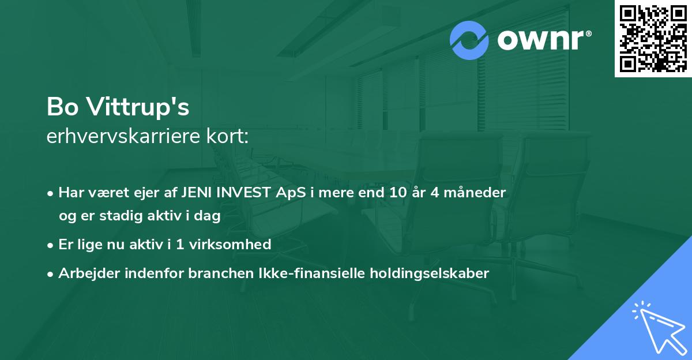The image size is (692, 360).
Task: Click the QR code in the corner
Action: [653, 39]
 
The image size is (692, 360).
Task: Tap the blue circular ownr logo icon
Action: [469, 40]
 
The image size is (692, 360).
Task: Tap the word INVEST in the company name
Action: [236, 193]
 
